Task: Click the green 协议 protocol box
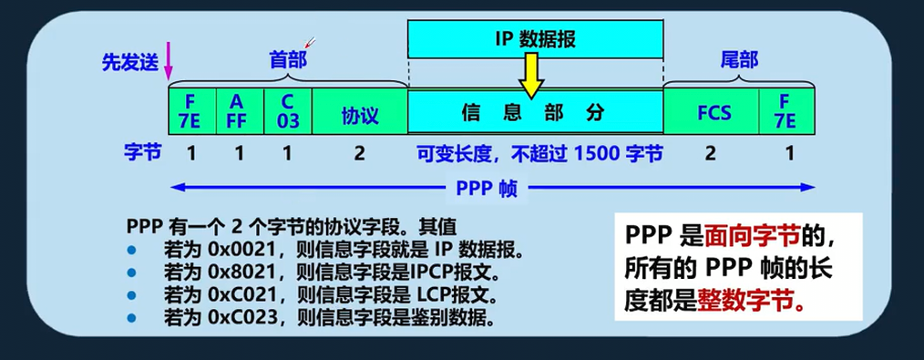[x=359, y=115]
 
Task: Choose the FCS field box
[x=711, y=115]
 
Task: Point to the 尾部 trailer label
[x=738, y=60]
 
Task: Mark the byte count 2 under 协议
[x=359, y=153]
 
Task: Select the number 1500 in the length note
[x=597, y=153]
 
